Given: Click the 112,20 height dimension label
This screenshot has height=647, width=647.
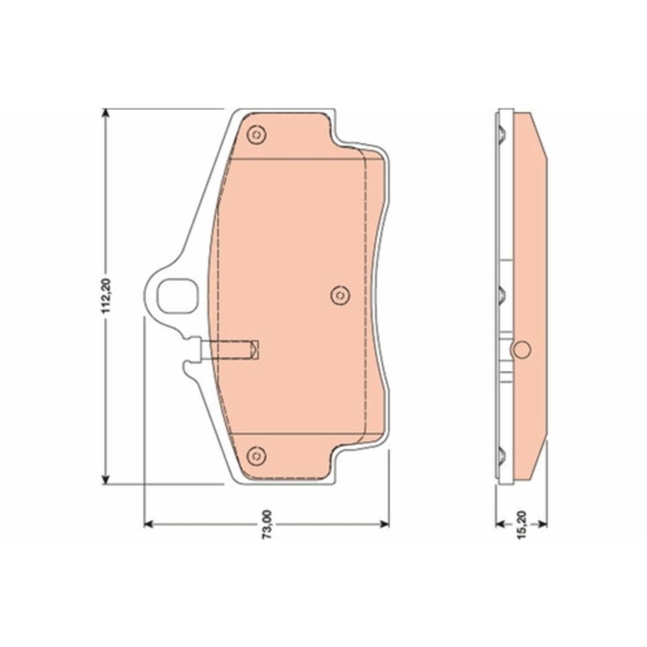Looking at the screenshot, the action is pos(106,296).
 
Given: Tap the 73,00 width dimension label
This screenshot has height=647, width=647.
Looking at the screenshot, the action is pos(268,525).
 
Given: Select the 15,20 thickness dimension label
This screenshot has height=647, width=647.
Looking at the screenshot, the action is pos(522,525).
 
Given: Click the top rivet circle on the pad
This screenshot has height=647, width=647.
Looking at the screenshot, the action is pos(256,135).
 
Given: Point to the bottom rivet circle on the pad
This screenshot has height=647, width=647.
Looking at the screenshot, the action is pos(256,455).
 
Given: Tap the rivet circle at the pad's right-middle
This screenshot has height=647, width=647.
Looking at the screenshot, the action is pos(340,295).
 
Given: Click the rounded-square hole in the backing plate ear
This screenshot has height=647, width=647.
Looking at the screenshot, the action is pos(177,296).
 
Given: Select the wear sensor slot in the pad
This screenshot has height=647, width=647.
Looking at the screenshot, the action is pos(230,349).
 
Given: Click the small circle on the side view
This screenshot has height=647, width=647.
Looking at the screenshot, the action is pos(521,349).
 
